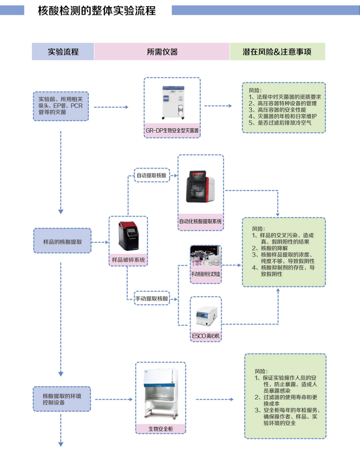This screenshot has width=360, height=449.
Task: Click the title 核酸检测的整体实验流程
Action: (x=97, y=10)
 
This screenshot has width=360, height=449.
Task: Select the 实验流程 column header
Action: (x=63, y=52)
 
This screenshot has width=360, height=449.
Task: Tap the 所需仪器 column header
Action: (x=162, y=52)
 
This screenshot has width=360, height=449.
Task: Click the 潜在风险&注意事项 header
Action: (x=277, y=52)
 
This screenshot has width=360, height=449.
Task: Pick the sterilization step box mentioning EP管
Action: (x=61, y=107)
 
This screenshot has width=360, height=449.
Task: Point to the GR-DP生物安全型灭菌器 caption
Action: (x=172, y=131)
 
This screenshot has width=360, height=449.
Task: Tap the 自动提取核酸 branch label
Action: (x=152, y=175)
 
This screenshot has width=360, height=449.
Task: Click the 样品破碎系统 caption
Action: (x=129, y=260)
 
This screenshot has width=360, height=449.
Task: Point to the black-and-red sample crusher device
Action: (x=129, y=236)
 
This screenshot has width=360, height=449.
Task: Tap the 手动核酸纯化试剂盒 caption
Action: (x=206, y=274)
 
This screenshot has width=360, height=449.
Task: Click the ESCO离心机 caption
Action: (x=206, y=336)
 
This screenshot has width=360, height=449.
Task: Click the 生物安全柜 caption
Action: (x=160, y=429)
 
